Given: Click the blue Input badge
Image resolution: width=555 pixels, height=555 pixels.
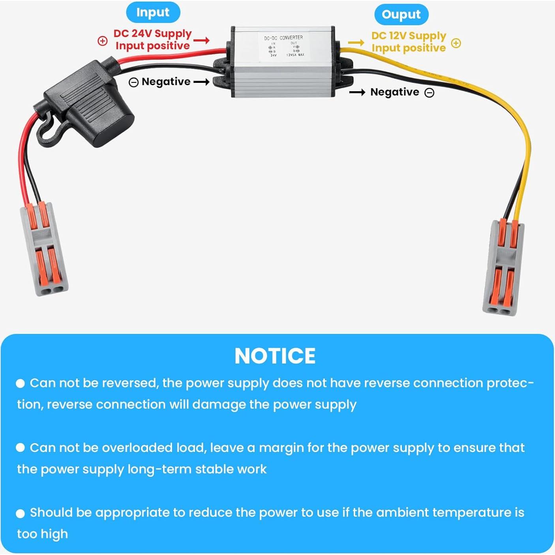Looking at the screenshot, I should [x=153, y=13].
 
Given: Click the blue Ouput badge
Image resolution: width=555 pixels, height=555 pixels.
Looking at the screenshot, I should [x=401, y=15].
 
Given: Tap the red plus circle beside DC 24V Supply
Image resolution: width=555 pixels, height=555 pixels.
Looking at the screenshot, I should [x=102, y=41].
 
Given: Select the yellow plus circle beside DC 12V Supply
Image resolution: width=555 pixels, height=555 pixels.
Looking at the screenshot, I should [x=456, y=43].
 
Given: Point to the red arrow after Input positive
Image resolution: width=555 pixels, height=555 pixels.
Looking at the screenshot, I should [x=201, y=40].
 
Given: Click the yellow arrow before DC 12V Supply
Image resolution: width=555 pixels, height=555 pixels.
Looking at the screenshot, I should [x=356, y=43].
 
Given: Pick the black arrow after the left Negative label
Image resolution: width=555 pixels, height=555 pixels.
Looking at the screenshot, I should [x=201, y=82].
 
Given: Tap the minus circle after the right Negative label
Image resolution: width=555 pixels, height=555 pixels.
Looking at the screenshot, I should [x=429, y=92].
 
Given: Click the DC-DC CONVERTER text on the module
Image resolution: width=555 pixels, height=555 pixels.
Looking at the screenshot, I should [x=283, y=37].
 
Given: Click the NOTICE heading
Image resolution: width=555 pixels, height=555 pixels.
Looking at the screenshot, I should [x=275, y=356].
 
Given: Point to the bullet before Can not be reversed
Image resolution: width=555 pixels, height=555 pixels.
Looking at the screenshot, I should [x=20, y=383].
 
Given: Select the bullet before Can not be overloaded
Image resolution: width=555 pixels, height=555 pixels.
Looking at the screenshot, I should [x=20, y=448].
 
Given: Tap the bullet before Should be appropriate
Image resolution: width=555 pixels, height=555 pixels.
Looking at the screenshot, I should [x=20, y=513].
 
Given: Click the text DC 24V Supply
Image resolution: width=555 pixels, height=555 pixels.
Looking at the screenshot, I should [x=152, y=34].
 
